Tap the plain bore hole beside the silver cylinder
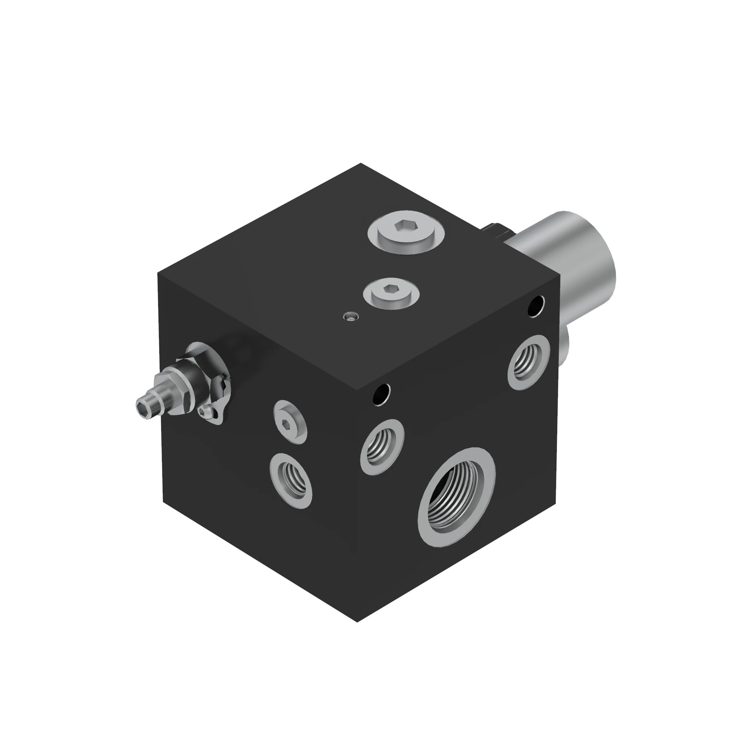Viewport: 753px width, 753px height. (536, 306)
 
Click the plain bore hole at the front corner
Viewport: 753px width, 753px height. (381, 395)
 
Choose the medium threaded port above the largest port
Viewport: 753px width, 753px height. (382, 447)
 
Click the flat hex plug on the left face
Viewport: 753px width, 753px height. (290, 421)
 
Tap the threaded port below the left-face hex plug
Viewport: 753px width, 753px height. (291, 480)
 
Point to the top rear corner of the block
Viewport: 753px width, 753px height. (361, 164)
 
